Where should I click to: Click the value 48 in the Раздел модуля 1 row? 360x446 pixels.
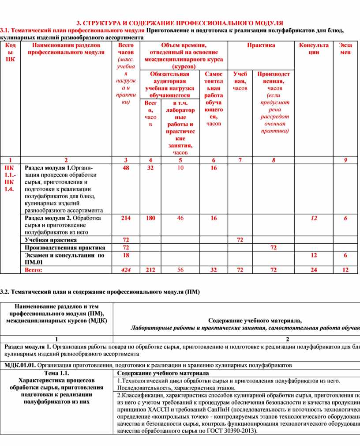click(126, 168)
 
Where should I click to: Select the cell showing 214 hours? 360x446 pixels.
click(126, 218)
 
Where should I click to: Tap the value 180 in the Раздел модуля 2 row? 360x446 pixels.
click(150, 218)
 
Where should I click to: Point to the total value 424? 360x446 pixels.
click(126, 270)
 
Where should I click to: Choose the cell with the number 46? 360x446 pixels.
click(180, 218)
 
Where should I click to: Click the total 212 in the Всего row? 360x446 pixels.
click(150, 270)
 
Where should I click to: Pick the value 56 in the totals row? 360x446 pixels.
click(180, 270)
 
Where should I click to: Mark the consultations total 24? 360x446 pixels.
click(314, 270)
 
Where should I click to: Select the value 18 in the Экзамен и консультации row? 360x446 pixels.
click(126, 255)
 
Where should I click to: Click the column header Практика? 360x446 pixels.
click(261, 45)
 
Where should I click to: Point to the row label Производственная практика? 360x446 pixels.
click(65, 248)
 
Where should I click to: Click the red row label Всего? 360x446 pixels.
click(34, 270)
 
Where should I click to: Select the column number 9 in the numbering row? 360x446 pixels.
click(345, 160)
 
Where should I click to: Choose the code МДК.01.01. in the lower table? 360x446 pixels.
click(20, 365)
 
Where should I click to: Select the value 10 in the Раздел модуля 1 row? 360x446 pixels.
click(180, 168)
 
